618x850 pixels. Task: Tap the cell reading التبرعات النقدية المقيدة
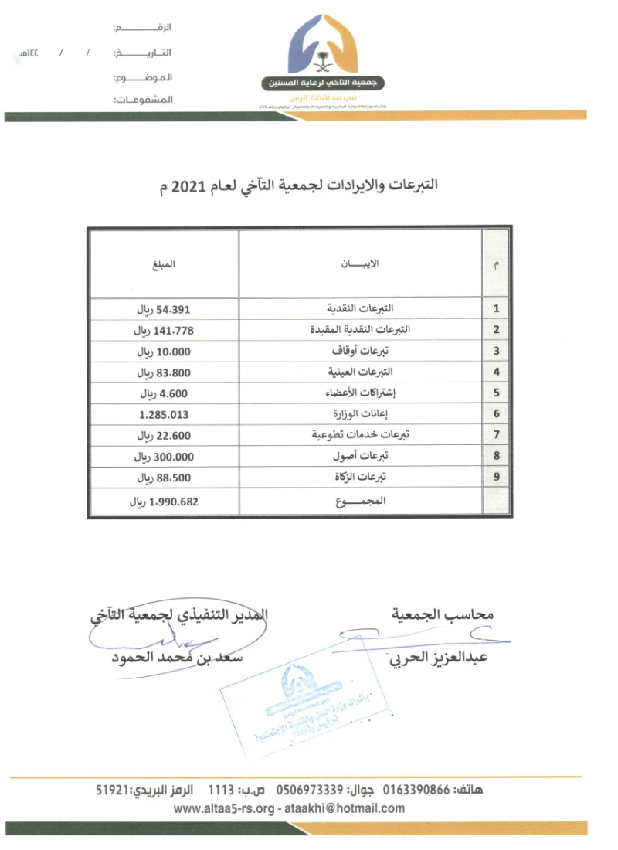tap(360, 330)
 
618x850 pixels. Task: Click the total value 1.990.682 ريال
tap(165, 501)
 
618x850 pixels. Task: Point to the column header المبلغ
tap(164, 264)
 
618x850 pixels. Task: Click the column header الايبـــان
tap(360, 264)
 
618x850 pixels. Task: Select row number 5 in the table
tap(496, 393)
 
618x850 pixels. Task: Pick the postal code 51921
tap(112, 790)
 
